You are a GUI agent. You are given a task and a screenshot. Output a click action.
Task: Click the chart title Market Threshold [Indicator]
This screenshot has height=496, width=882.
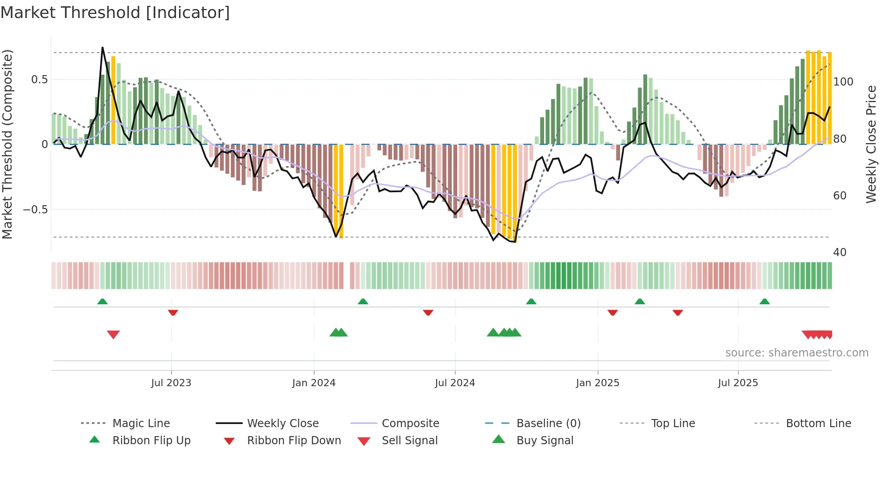[x=115, y=13]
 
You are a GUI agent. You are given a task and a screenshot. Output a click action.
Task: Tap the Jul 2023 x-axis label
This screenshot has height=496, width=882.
[x=171, y=383]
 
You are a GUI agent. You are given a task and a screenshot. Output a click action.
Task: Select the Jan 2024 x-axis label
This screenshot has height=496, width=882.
[x=314, y=383]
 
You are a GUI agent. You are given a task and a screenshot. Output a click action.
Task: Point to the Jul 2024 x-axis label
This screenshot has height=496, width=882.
[x=455, y=383]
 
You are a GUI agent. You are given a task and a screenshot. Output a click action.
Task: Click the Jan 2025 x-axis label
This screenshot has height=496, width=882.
[x=598, y=383]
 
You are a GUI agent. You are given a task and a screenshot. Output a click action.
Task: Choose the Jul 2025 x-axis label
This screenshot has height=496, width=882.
[x=738, y=383]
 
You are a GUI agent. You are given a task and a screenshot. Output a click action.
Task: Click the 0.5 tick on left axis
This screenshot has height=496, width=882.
[x=39, y=80]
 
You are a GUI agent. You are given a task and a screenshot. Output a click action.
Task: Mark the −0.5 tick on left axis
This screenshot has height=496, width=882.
[x=35, y=210]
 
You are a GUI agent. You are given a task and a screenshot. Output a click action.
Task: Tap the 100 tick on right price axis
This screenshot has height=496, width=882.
[x=843, y=82]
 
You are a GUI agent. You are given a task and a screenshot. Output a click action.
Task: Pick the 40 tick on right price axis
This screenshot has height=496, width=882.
[x=840, y=253]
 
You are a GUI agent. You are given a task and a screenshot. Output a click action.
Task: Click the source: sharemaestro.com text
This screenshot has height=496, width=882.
[x=796, y=353]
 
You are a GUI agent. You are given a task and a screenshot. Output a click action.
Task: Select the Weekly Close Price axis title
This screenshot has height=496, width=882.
[x=872, y=144]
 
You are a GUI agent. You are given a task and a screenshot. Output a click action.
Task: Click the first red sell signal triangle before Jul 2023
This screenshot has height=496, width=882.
[x=113, y=334]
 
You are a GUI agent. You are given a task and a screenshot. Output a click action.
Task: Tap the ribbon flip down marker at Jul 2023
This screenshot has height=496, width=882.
[x=173, y=312]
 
